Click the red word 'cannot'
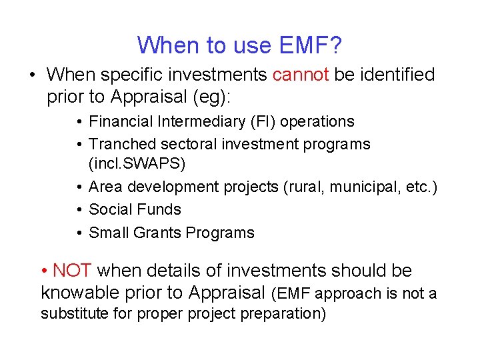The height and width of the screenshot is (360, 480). pyautogui.click(x=300, y=75)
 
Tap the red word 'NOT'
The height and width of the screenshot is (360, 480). pyautogui.click(x=74, y=271)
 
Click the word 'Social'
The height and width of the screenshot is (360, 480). pyautogui.click(x=109, y=209)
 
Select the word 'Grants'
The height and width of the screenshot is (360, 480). pyautogui.click(x=157, y=233)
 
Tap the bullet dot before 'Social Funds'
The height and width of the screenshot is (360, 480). pyautogui.click(x=79, y=209)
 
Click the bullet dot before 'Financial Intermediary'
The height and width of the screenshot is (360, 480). pyautogui.click(x=79, y=121)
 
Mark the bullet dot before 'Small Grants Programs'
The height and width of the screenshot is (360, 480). pyautogui.click(x=79, y=233)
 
